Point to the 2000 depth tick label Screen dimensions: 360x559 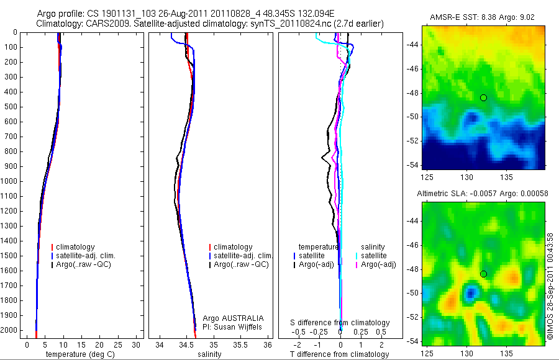[9, 330]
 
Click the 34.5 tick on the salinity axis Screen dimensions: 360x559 [186, 344]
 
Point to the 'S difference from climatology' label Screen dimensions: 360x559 [340, 323]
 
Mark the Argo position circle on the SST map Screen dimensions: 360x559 [483, 97]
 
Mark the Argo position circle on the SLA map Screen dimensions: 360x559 [483, 274]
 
